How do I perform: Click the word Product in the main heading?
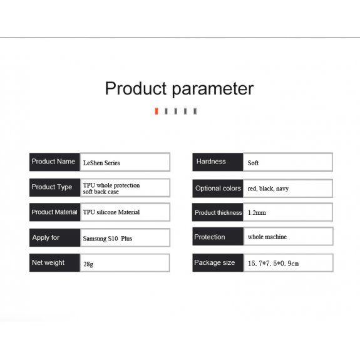(136, 88)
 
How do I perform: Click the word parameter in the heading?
(213, 90)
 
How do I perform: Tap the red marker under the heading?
(157, 111)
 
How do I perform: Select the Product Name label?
(53, 162)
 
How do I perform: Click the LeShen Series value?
(101, 163)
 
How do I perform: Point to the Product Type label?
(52, 187)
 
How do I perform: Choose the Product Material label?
(54, 212)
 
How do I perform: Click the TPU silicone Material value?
(111, 212)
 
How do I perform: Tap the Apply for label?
(46, 237)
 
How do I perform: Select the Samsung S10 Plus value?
(108, 239)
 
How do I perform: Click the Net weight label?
(48, 262)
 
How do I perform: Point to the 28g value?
(88, 264)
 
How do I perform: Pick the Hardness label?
(211, 162)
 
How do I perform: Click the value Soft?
(253, 163)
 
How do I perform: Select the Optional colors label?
(218, 188)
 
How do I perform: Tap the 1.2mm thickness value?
(257, 213)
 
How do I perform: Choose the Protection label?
(210, 237)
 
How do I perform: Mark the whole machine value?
(267, 237)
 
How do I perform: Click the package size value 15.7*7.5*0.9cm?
(273, 264)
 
